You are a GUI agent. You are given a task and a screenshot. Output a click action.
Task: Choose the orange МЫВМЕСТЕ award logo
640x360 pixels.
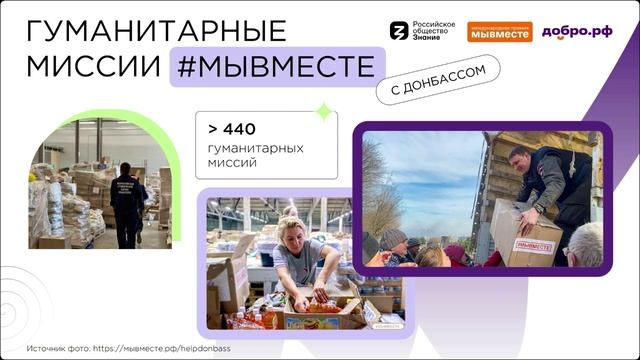click(x=500, y=32)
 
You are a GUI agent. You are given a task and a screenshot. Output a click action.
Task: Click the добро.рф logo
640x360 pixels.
click(x=577, y=31)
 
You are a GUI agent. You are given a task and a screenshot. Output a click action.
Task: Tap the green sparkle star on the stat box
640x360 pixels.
click(x=323, y=112)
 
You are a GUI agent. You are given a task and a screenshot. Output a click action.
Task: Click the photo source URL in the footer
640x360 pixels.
click(x=174, y=349)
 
